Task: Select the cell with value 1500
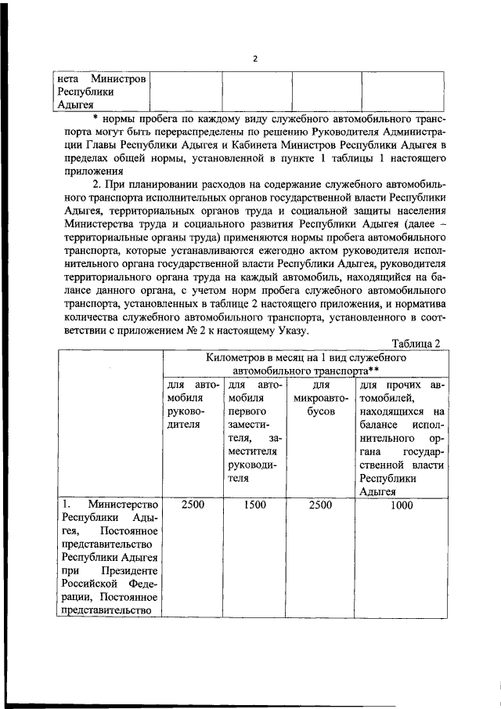coord(254,506)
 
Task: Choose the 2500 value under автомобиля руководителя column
coord(193,506)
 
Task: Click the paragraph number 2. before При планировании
coord(97,183)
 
